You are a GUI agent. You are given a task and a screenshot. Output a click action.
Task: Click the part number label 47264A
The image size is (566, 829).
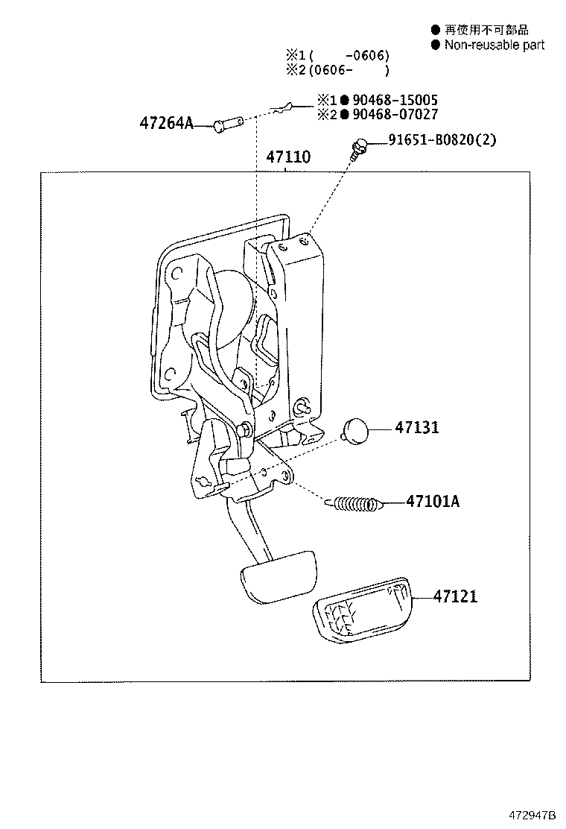click(x=165, y=123)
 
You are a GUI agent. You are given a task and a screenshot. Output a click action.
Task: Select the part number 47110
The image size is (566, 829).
click(x=288, y=157)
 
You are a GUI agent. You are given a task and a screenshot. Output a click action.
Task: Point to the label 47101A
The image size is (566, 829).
click(x=433, y=502)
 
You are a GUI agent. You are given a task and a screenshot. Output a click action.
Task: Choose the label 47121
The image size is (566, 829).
click(x=457, y=596)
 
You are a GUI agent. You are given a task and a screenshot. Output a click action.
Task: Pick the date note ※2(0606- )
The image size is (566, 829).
click(x=337, y=70)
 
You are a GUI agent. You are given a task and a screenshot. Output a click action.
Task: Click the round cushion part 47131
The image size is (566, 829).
click(x=355, y=430)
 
